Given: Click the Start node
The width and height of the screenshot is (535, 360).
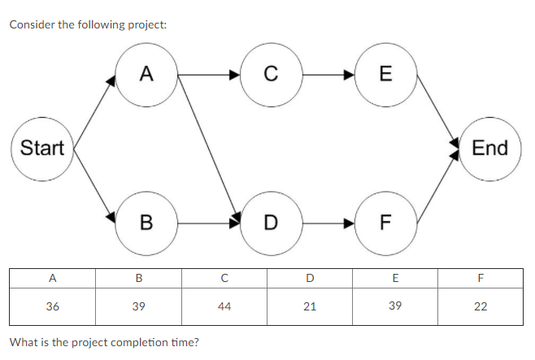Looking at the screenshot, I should pyautogui.click(x=41, y=148).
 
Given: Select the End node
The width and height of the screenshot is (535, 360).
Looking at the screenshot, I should pyautogui.click(x=489, y=148).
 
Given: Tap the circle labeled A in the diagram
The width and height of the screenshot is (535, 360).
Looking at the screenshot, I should pyautogui.click(x=146, y=75).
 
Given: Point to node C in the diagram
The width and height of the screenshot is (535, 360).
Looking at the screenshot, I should pyautogui.click(x=270, y=75).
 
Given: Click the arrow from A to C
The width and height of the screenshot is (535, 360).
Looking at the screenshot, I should pyautogui.click(x=208, y=75).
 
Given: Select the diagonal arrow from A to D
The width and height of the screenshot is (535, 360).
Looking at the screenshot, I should pyautogui.click(x=208, y=146).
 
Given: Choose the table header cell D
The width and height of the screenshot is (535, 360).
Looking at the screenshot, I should pyautogui.click(x=310, y=278).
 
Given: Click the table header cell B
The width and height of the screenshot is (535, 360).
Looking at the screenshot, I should pyautogui.click(x=139, y=278).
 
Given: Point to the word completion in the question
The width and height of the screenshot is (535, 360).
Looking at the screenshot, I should pyautogui.click(x=147, y=341).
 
